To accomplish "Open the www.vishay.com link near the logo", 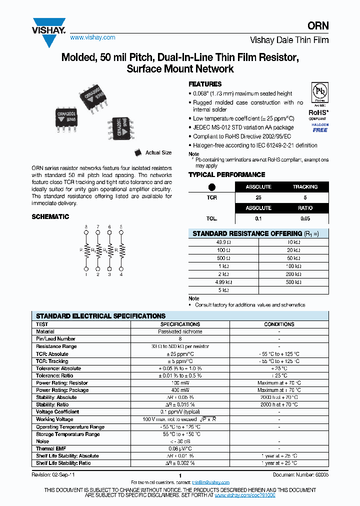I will pyautogui.click(x=92, y=37).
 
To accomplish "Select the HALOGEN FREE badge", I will pyautogui.click(x=320, y=127).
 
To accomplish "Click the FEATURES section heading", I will pyautogui.click(x=204, y=84).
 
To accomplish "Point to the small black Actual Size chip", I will pyautogui.click(x=138, y=152).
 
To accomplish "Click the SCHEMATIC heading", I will pyautogui.click(x=50, y=217).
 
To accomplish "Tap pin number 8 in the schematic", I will pyautogui.click(x=86, y=227).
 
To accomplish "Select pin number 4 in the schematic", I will pyautogui.click(x=121, y=274).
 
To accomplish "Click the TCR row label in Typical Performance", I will pyautogui.click(x=211, y=198).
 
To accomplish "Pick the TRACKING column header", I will pyautogui.click(x=305, y=187).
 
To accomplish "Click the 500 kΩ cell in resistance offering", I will pyautogui.click(x=293, y=282).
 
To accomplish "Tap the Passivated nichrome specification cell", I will pyautogui.click(x=180, y=331).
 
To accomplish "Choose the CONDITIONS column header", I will pyautogui.click(x=279, y=324).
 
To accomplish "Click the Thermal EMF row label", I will pyautogui.click(x=51, y=448).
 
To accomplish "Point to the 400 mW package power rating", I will pyautogui.click(x=180, y=390).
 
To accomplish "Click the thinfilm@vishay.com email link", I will pyautogui.click(x=210, y=482).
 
